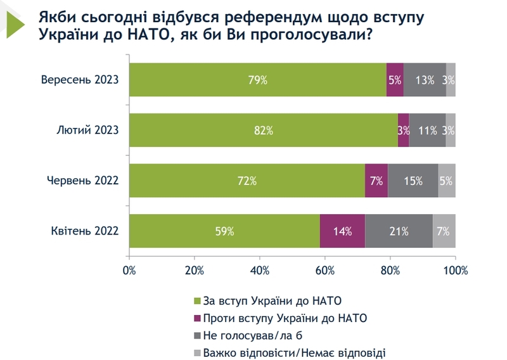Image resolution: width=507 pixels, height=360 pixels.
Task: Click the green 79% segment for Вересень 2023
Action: [257, 80]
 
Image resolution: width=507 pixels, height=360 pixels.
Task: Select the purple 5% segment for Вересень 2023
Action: [395, 80]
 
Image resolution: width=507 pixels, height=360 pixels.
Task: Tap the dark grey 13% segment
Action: [425, 80]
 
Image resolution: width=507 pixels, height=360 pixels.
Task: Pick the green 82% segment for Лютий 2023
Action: [263, 130]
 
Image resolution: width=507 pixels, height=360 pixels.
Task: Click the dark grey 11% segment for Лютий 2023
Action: [428, 130]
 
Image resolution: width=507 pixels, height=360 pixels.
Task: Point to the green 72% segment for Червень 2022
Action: [247, 181]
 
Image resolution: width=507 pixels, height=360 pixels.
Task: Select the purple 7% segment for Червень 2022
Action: [376, 181]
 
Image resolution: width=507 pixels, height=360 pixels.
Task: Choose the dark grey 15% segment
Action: [413, 181]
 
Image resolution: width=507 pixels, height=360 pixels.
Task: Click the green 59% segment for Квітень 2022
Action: [224, 231]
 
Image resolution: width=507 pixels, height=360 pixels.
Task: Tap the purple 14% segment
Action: [342, 231]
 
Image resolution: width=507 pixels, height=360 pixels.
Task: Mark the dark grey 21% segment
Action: [399, 231]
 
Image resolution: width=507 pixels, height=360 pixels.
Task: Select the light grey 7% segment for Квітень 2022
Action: [444, 231]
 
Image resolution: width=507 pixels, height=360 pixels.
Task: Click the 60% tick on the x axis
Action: [324, 271]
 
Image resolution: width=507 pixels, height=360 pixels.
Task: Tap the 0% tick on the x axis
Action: [129, 271]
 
